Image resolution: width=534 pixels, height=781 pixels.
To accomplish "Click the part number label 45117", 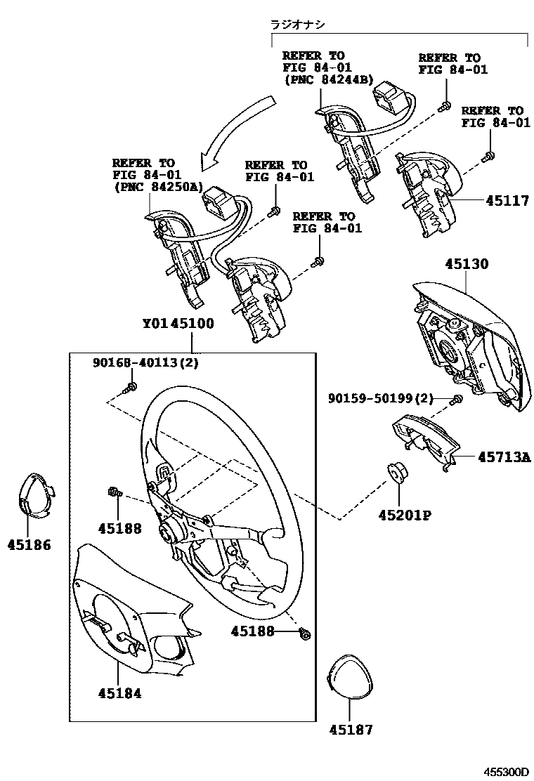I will (507, 201).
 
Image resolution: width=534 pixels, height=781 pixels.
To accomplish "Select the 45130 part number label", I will (466, 265).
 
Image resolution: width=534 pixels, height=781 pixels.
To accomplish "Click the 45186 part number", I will (29, 544).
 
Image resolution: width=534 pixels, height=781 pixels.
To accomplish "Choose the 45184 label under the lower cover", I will (119, 693).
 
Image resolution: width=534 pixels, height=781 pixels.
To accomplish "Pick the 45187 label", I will (351, 730).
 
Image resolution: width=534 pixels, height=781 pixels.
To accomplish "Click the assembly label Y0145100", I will (178, 324).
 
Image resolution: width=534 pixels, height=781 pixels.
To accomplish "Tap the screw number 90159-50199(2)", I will (380, 398).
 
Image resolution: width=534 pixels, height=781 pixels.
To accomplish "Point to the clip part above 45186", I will (34, 497).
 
